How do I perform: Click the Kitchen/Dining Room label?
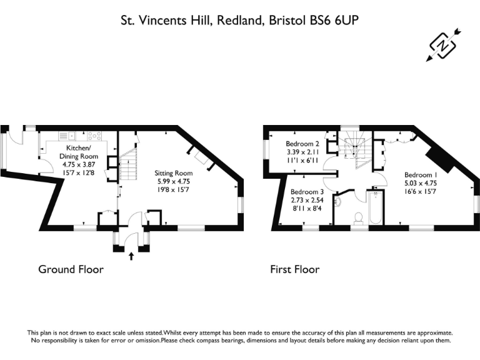pyautogui.click(x=78, y=152)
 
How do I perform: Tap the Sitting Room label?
pyautogui.click(x=174, y=173)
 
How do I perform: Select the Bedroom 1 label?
pyautogui.click(x=421, y=175)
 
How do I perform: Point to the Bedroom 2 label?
pyautogui.click(x=302, y=144)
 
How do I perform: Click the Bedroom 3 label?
pyautogui.click(x=307, y=192)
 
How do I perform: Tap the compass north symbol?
pyautogui.click(x=443, y=45)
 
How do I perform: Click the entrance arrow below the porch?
pyautogui.click(x=131, y=256)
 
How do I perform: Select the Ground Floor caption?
pyautogui.click(x=71, y=269)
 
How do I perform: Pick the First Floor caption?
pyautogui.click(x=295, y=269)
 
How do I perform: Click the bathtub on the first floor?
pyautogui.click(x=376, y=208)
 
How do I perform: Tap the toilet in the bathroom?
pyautogui.click(x=358, y=218)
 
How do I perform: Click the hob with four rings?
pyautogui.click(x=94, y=136)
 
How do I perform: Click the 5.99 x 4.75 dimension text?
pyautogui.click(x=172, y=181)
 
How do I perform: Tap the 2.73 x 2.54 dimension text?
pyautogui.click(x=307, y=200)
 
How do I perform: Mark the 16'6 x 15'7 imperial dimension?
pyautogui.click(x=421, y=192)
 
